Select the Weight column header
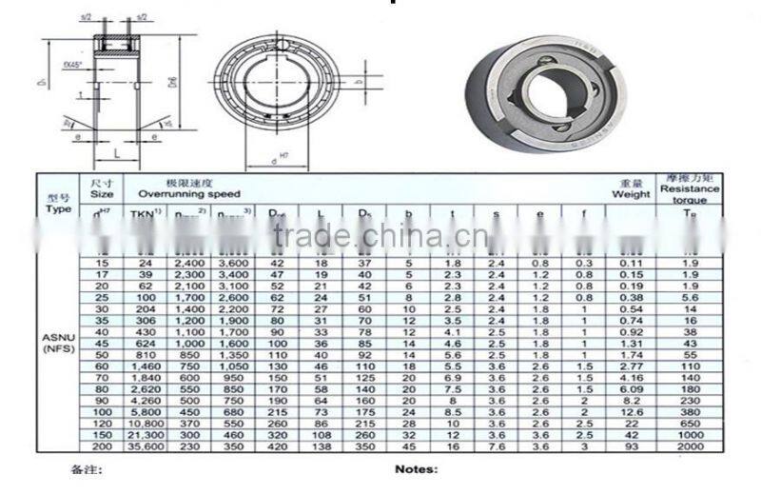coord(631,193)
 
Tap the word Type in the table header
coord(59,208)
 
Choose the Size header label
coord(102,192)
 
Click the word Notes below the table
coord(416,468)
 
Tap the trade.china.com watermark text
coord(380,234)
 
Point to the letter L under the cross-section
coord(114,152)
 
